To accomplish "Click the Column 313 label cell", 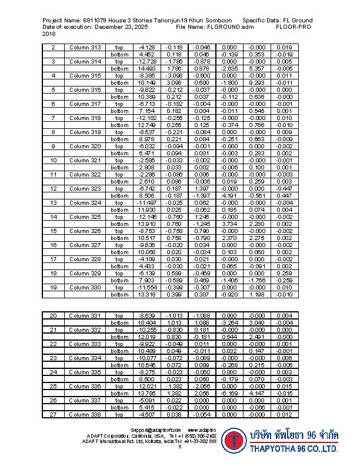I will [x=85, y=47].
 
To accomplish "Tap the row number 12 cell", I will [x=54, y=188].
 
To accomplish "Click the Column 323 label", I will [x=85, y=188].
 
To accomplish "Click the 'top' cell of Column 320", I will [x=119, y=146].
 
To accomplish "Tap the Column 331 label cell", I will [x=85, y=315].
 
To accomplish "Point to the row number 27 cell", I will [x=54, y=414].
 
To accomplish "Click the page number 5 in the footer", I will [x=179, y=447].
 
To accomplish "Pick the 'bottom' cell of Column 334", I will [x=119, y=365].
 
